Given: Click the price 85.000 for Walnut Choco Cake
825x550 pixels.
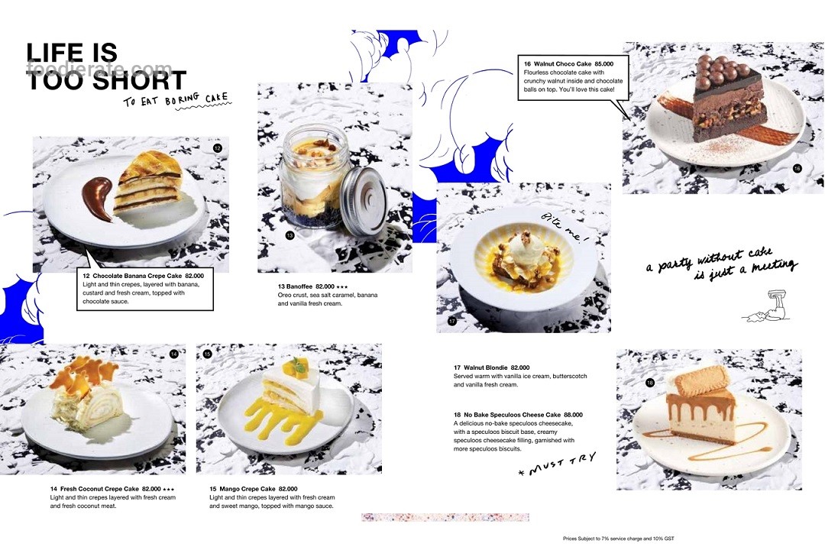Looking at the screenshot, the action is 604,63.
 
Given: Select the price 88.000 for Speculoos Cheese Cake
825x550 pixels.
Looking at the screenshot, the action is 573,415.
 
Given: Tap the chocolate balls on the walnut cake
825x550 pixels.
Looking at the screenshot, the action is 721,68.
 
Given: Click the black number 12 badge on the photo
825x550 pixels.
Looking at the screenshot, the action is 218,148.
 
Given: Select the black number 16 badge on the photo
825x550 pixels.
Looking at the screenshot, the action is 797,168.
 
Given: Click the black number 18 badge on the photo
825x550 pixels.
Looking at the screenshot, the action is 650,383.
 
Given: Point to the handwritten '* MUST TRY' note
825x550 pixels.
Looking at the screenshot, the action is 557,464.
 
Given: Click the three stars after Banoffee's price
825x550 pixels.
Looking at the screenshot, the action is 342,287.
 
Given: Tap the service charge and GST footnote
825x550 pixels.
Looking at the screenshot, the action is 618,539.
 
